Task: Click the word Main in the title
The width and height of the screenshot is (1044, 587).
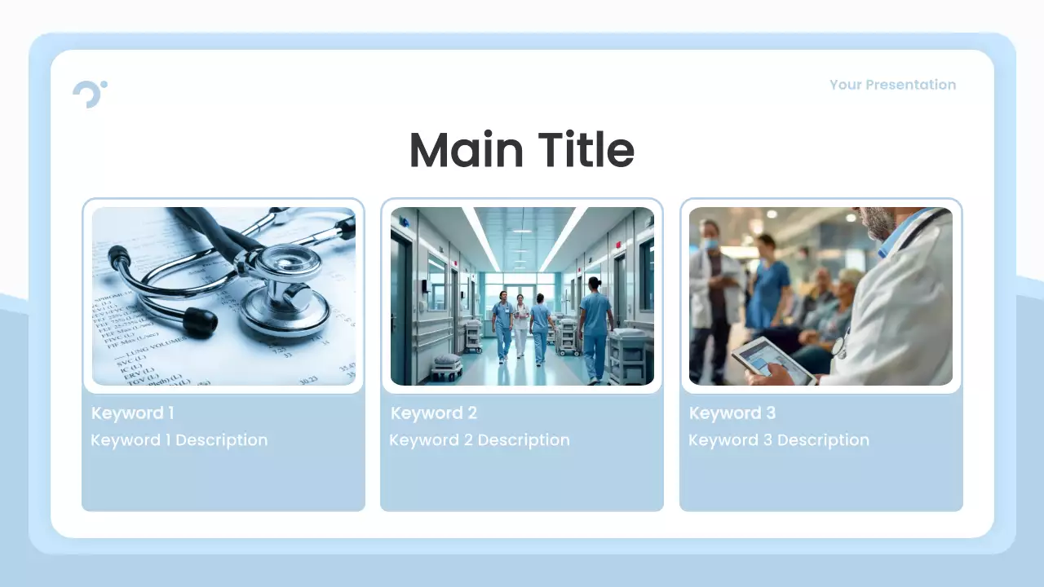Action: [466, 151]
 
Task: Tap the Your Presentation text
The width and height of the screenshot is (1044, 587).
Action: [892, 85]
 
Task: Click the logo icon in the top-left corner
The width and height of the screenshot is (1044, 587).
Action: [89, 93]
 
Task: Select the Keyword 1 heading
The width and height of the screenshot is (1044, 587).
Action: [132, 413]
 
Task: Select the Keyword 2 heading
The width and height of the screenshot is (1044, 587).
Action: [433, 413]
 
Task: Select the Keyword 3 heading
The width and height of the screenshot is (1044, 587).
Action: [732, 413]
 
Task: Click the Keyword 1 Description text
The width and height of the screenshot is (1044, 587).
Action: [179, 440]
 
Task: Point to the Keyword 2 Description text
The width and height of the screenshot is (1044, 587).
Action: [479, 440]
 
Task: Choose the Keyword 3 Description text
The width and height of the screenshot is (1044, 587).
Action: [778, 440]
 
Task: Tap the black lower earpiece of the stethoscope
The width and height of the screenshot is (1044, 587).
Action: [200, 321]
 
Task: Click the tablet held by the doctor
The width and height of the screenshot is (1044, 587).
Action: [772, 358]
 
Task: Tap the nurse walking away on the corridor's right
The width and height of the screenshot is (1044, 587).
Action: [595, 326]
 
